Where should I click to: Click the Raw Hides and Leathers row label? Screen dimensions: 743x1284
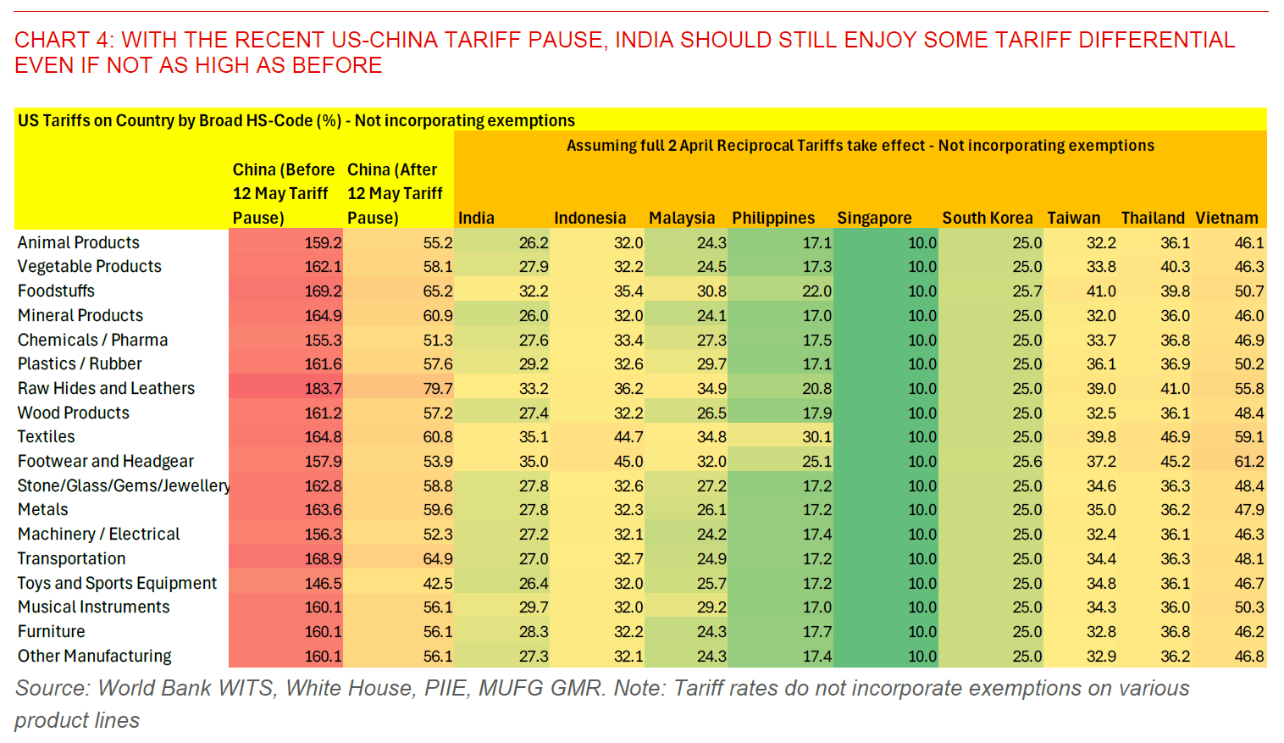point(106,388)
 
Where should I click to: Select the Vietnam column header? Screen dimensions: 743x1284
point(1226,218)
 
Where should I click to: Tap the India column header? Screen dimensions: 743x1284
point(476,218)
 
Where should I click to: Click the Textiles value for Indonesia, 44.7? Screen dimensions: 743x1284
point(628,437)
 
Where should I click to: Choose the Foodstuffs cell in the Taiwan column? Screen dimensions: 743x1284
point(1101,291)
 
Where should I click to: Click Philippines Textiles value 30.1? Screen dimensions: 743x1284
point(816,437)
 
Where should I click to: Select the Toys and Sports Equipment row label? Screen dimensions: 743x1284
point(117,583)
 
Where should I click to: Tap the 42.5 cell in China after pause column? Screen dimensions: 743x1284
point(438,583)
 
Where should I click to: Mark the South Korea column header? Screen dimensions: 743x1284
point(987,218)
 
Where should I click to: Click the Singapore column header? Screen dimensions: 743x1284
point(874,218)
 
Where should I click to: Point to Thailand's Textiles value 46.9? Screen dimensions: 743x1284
point(1175,437)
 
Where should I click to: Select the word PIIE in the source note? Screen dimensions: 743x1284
point(445,688)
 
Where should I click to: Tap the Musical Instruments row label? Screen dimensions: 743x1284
point(93,607)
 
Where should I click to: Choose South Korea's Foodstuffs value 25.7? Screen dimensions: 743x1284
point(1027,291)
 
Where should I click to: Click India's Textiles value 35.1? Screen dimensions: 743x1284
point(534,437)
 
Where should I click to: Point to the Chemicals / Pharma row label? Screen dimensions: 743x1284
point(92,340)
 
